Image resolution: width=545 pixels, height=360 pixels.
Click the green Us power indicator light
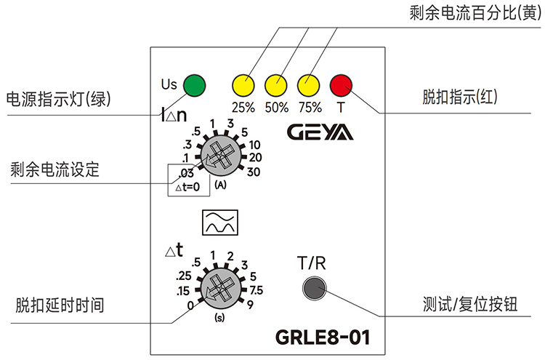click(193, 85)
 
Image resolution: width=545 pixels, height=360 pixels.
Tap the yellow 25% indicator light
click(243, 85)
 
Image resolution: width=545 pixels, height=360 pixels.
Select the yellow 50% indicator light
click(275, 85)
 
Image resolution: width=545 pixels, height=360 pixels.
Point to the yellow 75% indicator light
click(308, 85)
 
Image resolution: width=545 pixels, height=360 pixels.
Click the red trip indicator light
click(341, 85)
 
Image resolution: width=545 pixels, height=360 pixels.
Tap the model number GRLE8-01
click(323, 337)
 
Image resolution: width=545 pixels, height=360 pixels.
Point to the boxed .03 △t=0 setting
click(188, 180)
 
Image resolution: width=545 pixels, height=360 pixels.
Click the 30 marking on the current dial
click(255, 172)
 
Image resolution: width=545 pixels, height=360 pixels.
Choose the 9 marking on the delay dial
click(249, 304)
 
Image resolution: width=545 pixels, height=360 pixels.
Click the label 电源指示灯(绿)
click(62, 99)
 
